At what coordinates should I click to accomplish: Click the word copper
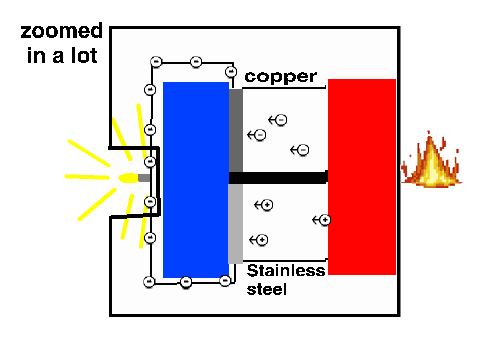[x=281, y=77]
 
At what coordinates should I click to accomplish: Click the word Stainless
[x=286, y=270]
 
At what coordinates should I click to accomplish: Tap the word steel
[x=267, y=289]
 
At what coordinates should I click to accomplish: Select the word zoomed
[x=61, y=31]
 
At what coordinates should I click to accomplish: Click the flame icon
[x=431, y=159]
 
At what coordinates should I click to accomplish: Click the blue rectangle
[x=196, y=180]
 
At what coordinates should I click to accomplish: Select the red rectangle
[x=362, y=177]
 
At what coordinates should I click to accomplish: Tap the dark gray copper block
[x=236, y=130]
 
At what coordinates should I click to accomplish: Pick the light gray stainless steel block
[x=236, y=224]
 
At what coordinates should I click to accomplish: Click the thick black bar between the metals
[x=278, y=178]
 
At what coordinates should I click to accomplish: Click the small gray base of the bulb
[x=144, y=178]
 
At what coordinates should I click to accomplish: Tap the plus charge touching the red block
[x=325, y=220]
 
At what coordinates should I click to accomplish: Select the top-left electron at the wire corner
[x=156, y=62]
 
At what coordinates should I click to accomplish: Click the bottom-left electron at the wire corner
[x=149, y=282]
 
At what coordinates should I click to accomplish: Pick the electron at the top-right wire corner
[x=231, y=71]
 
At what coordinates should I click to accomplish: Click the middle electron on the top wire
[x=196, y=62]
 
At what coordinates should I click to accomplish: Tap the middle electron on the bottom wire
[x=186, y=282]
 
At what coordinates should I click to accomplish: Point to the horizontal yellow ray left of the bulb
[x=87, y=177]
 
